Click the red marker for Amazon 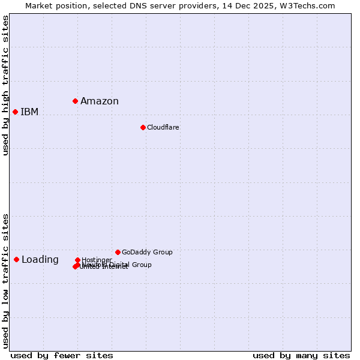point(75,101)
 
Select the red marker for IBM point(15,112)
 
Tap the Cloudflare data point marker point(143,127)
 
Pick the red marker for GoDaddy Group point(118,252)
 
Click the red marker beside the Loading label point(16,259)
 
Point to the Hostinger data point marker point(77,260)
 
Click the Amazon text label point(100,101)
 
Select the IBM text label point(29,112)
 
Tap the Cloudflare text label point(163,127)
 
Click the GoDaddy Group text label point(147,252)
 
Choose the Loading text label point(40,259)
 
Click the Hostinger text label point(97,260)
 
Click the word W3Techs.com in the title point(310,6)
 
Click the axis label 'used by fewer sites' point(62,355)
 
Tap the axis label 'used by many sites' point(301,355)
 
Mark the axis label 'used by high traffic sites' point(6,85)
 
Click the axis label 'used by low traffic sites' point(6,281)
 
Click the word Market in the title point(39,6)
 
